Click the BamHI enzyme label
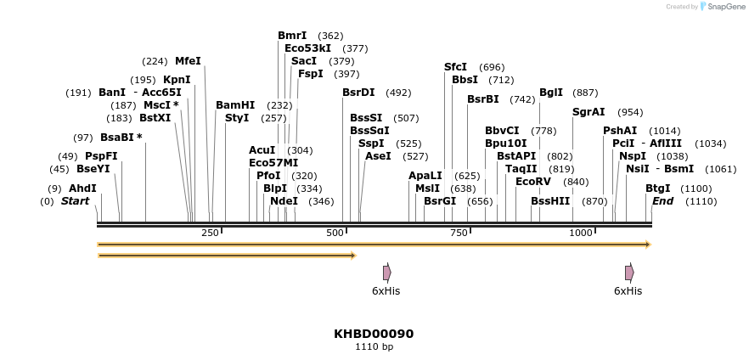coord(235,104)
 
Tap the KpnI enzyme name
coord(177,79)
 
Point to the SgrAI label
coord(588,111)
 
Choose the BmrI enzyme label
coord(292,35)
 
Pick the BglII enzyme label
coord(551,92)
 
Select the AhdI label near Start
coord(82,188)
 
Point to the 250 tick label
coord(210,233)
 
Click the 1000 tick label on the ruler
coord(581,233)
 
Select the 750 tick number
coord(459,233)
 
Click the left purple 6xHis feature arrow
coord(386,273)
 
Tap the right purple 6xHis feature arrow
coord(629,273)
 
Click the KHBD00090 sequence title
coord(374,334)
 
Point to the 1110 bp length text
coord(374,346)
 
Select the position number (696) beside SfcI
coord(492,67)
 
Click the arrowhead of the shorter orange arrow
coord(352,255)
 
